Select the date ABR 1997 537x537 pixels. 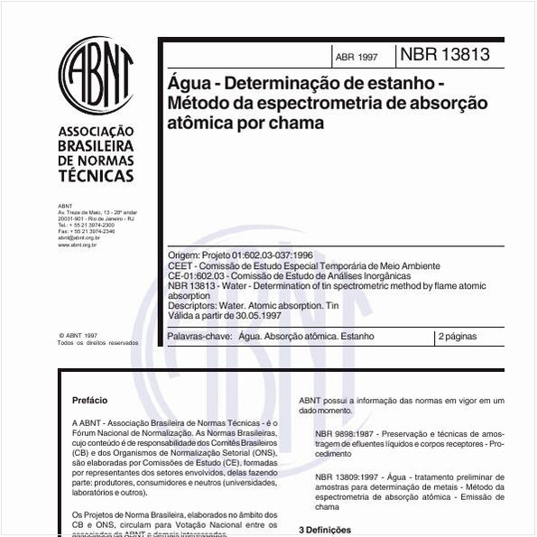tap(356, 57)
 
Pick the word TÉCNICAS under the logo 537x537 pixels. tap(95, 176)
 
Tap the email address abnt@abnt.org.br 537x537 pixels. tap(78, 237)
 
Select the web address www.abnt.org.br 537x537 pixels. tap(78, 244)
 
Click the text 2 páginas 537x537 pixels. tap(458, 337)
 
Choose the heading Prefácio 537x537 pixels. tap(89, 399)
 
